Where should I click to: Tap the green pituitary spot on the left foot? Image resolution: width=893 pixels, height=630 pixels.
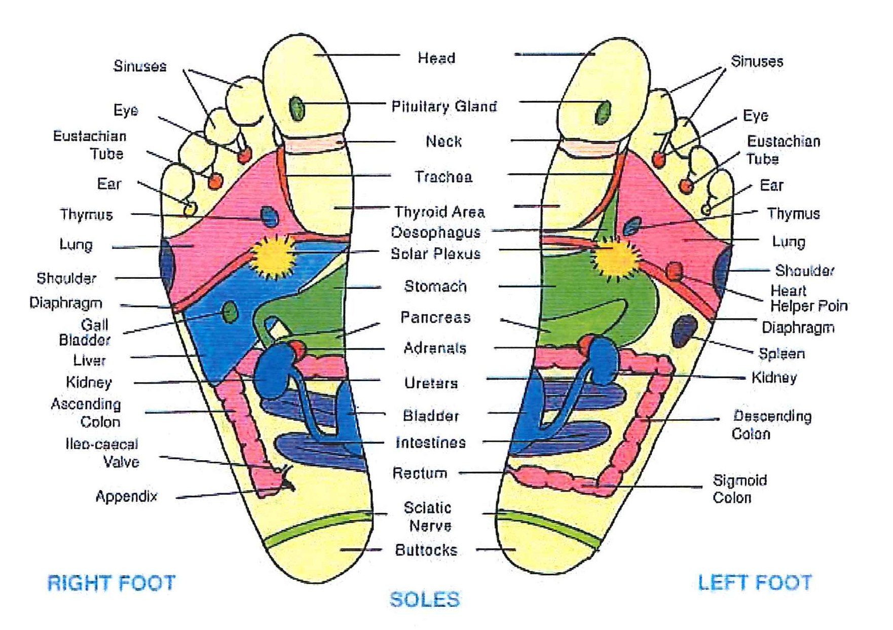[603, 112]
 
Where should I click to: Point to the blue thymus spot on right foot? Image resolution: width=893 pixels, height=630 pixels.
[269, 216]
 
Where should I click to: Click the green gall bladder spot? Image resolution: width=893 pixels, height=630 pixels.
[230, 312]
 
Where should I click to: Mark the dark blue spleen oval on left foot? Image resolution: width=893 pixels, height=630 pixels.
[684, 330]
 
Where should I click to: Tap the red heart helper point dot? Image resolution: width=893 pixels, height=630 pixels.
[674, 271]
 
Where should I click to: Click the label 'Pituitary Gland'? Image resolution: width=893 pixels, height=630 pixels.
[444, 106]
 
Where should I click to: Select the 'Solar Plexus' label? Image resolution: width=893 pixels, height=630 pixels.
[435, 253]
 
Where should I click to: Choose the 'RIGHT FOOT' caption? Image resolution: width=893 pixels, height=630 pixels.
[111, 583]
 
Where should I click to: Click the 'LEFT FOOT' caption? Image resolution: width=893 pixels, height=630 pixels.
[755, 582]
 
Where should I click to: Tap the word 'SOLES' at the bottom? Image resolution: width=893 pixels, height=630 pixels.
[425, 600]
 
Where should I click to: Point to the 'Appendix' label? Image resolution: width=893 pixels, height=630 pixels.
[127, 496]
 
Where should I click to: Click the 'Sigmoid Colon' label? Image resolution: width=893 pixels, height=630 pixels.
[739, 489]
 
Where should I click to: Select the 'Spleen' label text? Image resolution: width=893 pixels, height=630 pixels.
[781, 353]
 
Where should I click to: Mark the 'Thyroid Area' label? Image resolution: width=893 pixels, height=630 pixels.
[439, 212]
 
